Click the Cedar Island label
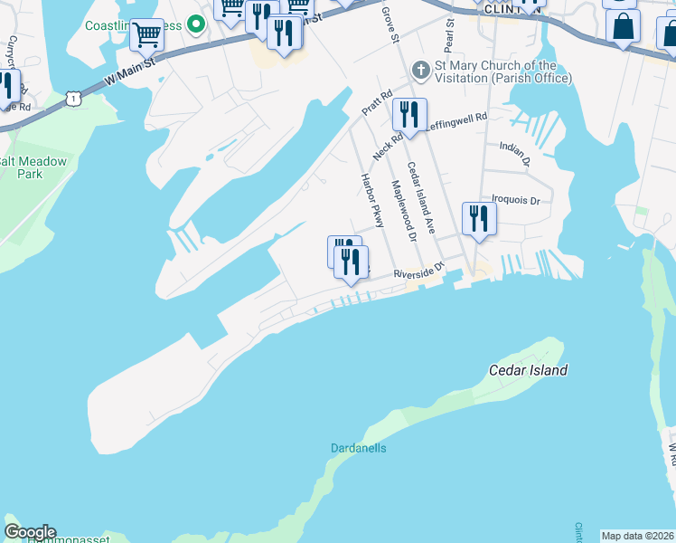pyautogui.click(x=528, y=370)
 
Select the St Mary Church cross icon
pyautogui.click(x=419, y=70)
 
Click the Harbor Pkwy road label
pyautogui.click(x=372, y=200)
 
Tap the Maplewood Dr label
pyautogui.click(x=402, y=211)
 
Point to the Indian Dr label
pyautogui.click(x=514, y=152)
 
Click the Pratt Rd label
pyautogui.click(x=377, y=100)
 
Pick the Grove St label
pyautogui.click(x=390, y=24)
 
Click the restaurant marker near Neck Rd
pyautogui.click(x=409, y=114)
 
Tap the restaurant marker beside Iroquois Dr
pyautogui.click(x=478, y=218)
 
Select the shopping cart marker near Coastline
pyautogui.click(x=146, y=35)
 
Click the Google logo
pyautogui.click(x=30, y=532)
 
